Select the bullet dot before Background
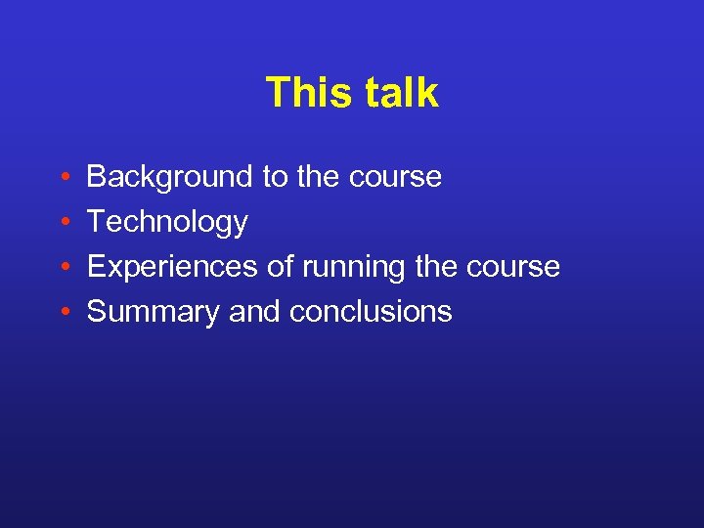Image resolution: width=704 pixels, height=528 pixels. (63, 178)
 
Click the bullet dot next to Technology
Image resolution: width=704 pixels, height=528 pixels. (63, 223)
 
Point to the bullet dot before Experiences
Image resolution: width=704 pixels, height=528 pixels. (63, 268)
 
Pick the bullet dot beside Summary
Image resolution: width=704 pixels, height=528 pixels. (63, 313)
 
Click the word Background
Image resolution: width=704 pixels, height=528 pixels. (170, 177)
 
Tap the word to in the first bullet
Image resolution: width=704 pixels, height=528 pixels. (275, 177)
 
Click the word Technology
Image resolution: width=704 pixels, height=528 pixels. (167, 223)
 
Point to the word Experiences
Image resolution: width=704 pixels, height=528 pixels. (175, 267)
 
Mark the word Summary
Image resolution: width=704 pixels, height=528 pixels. (154, 312)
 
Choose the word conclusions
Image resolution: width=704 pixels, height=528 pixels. (371, 312)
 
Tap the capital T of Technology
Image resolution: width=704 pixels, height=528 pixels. (96, 222)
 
